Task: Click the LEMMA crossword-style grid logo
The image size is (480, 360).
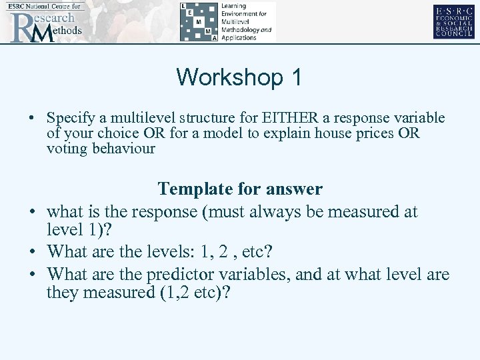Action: tap(198, 21)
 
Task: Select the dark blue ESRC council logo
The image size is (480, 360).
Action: tap(453, 21)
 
